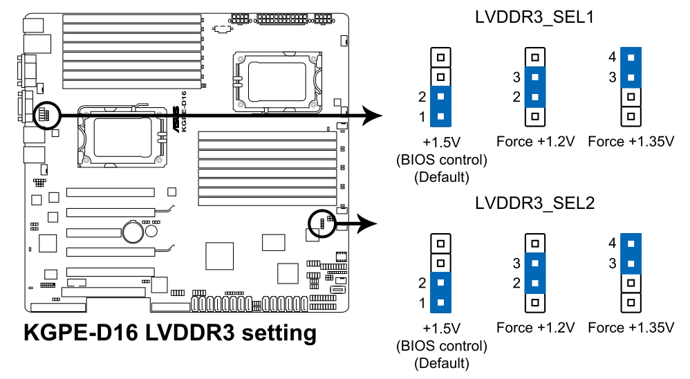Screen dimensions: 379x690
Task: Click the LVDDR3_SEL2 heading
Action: click(x=534, y=204)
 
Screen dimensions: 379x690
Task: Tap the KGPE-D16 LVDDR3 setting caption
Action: click(x=170, y=333)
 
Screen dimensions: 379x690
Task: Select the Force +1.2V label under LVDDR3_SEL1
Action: click(x=536, y=142)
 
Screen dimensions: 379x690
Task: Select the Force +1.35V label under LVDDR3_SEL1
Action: click(x=631, y=142)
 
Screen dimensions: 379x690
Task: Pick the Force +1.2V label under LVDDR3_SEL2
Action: click(x=536, y=327)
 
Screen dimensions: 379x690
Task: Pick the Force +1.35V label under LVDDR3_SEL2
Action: click(x=631, y=327)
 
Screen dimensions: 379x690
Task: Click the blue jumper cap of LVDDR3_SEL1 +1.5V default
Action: click(x=440, y=107)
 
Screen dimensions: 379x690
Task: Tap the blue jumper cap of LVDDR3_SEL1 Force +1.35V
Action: click(x=631, y=67)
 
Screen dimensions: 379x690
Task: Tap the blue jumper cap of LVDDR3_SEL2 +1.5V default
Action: click(x=440, y=293)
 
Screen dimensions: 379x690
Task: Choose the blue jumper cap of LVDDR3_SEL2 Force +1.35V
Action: click(x=631, y=253)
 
